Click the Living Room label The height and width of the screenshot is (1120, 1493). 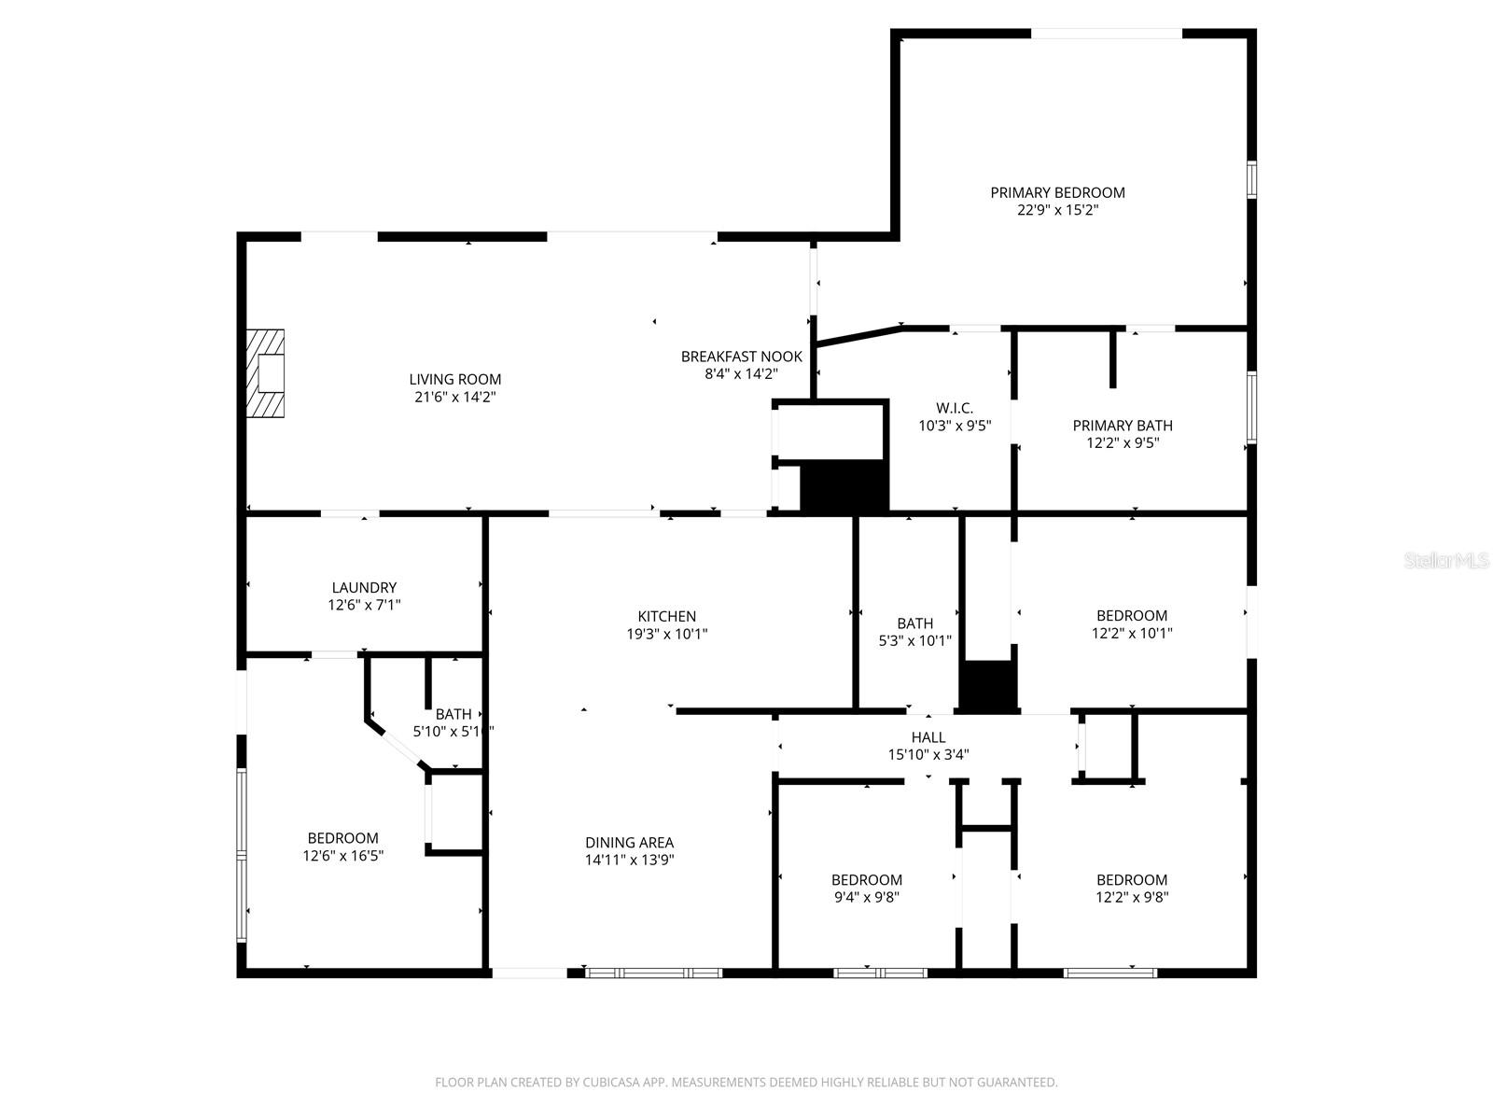(x=454, y=379)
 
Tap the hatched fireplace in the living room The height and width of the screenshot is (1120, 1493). (x=265, y=373)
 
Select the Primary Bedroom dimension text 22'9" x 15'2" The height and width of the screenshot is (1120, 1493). (x=1057, y=210)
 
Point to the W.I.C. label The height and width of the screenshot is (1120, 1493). (x=954, y=408)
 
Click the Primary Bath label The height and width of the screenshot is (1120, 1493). (x=1122, y=426)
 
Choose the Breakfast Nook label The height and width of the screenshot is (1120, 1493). (x=741, y=357)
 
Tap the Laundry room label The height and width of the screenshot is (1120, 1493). (x=364, y=587)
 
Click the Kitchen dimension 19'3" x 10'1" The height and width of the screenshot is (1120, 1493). (x=666, y=634)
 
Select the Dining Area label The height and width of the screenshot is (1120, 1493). (x=629, y=842)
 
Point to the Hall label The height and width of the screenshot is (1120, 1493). (x=928, y=737)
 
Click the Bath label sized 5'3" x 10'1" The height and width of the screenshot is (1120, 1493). (x=914, y=623)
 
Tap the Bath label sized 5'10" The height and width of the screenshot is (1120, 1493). (x=453, y=714)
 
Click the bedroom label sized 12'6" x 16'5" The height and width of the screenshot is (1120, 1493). (x=342, y=838)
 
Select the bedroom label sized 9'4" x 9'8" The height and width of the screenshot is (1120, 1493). (x=866, y=879)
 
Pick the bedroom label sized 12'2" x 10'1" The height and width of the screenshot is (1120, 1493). (x=1131, y=615)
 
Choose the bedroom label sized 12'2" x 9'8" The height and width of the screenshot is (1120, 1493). (x=1131, y=879)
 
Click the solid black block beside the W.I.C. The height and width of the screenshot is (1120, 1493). (x=844, y=486)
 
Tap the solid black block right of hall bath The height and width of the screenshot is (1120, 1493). (x=988, y=686)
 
